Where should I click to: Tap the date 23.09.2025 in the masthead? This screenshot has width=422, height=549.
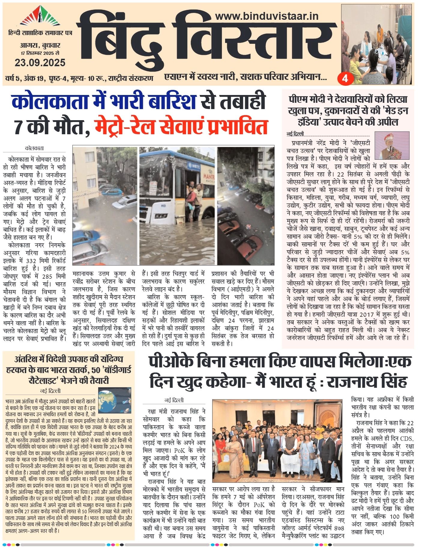40,62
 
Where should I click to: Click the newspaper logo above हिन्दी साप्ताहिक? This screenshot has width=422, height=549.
40,17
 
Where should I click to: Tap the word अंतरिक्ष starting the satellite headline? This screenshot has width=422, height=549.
27,359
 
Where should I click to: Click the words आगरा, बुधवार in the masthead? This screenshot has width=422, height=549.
40,46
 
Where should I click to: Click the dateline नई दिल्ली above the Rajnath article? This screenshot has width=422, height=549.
174,400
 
